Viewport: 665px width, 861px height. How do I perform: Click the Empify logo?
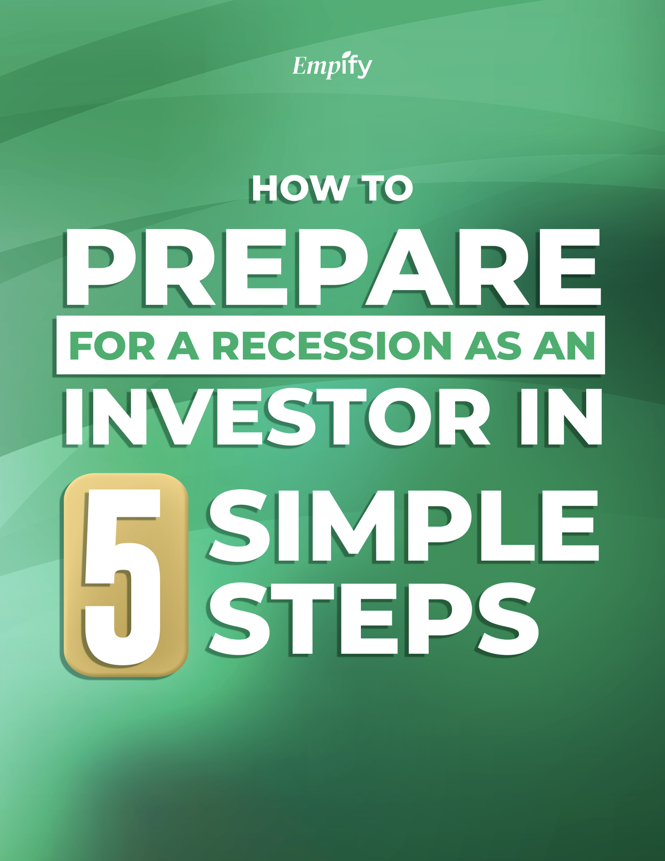(332, 65)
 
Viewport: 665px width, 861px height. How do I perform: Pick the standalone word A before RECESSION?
(183, 345)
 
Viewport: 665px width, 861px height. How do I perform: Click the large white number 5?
(124, 576)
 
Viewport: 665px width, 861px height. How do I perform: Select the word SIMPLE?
(403, 526)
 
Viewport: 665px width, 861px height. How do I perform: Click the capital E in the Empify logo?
(300, 65)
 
